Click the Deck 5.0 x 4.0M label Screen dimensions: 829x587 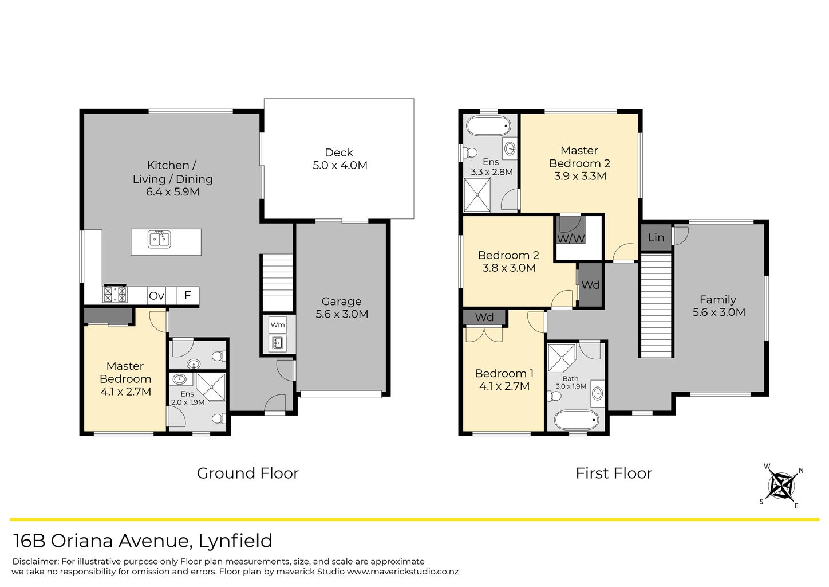(x=340, y=159)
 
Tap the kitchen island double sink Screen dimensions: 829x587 (x=159, y=239)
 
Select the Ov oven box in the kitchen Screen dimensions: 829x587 (x=156, y=296)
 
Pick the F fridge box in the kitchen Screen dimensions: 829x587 (x=188, y=295)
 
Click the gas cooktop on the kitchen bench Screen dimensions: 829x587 (x=115, y=294)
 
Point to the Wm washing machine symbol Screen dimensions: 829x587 (x=278, y=325)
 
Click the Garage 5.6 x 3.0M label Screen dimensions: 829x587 (x=342, y=308)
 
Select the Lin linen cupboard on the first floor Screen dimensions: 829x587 (x=656, y=237)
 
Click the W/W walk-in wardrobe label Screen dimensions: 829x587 (x=571, y=238)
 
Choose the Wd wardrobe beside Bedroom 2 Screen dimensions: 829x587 (x=591, y=285)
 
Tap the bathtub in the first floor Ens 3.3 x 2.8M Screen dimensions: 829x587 (x=488, y=126)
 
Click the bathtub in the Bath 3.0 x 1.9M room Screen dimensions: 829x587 (x=577, y=420)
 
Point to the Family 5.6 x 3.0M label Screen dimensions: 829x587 (x=719, y=306)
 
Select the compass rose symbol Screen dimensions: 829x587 (x=782, y=486)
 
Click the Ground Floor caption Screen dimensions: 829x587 (x=247, y=473)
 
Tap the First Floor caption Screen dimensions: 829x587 (x=614, y=473)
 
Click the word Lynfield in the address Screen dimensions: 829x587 (x=235, y=541)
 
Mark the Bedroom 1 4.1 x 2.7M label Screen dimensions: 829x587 (x=504, y=379)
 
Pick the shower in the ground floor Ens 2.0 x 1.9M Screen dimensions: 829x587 (x=211, y=387)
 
